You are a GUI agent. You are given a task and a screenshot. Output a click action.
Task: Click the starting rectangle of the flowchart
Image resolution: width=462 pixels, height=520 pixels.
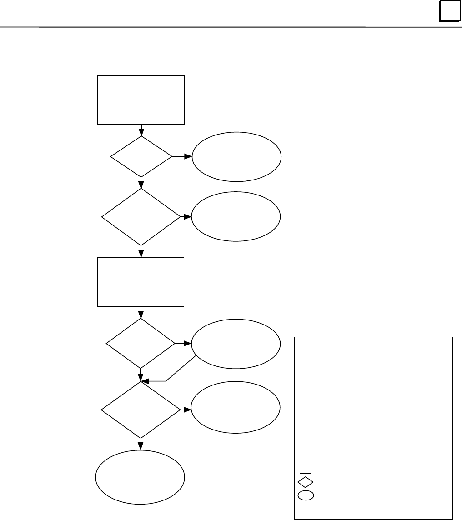[141, 100]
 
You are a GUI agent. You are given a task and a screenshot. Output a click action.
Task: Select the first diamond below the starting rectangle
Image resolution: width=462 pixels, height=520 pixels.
[141, 156]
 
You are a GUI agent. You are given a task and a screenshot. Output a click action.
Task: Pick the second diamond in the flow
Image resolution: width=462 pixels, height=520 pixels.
[141, 217]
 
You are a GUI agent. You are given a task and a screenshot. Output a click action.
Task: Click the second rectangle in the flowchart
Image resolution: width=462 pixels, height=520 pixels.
[141, 282]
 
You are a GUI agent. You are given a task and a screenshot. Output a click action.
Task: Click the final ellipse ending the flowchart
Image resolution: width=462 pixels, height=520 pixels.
[140, 477]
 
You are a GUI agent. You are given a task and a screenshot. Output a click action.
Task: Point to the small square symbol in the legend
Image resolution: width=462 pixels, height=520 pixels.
[306, 469]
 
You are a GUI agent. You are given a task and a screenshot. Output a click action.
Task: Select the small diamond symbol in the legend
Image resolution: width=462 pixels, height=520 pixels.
[306, 481]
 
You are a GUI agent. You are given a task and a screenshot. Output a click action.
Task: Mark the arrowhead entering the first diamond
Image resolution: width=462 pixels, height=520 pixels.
[141, 133]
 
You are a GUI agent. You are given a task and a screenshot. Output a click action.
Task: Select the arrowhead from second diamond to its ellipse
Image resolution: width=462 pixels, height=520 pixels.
[187, 217]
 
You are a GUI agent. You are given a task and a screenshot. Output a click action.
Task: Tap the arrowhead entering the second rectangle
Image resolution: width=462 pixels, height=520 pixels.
[141, 255]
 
